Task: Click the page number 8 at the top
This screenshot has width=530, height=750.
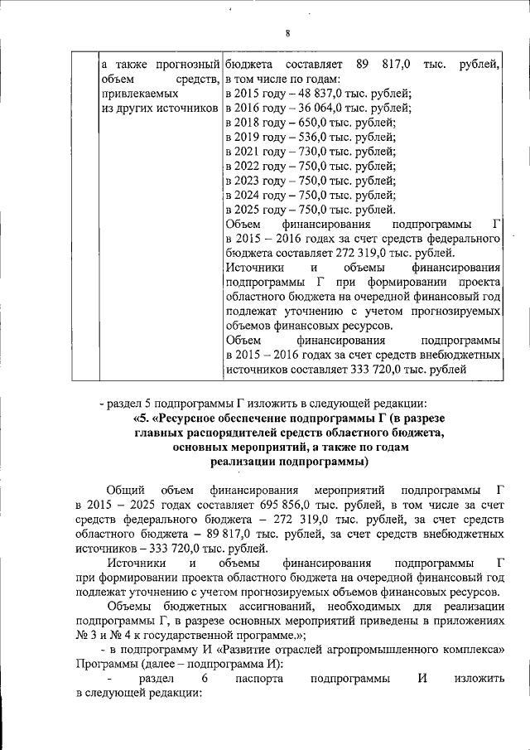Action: click(287, 33)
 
